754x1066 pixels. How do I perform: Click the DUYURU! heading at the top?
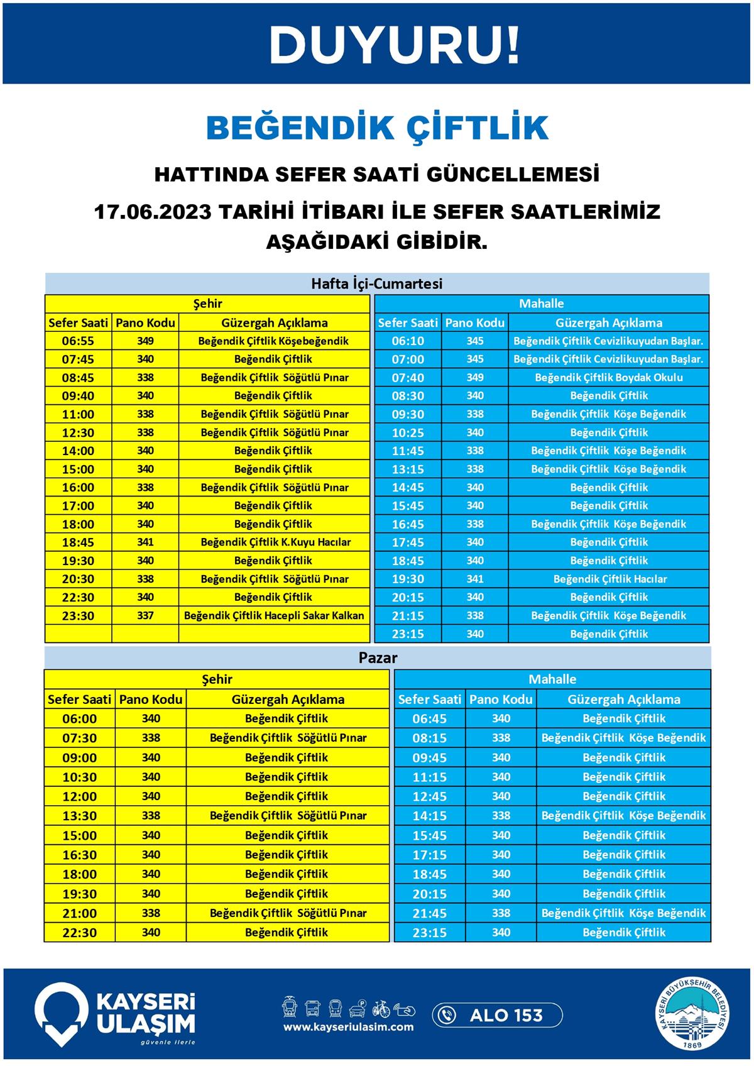click(395, 45)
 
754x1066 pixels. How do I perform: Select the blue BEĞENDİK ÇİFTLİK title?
click(377, 128)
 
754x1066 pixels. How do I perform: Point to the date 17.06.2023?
click(152, 211)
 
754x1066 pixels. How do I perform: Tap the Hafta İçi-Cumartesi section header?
click(377, 283)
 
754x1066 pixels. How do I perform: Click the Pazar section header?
click(378, 658)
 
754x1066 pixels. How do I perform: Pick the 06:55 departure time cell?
click(78, 341)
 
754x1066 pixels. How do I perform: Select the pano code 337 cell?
click(145, 615)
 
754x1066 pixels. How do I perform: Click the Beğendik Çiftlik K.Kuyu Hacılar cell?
click(275, 542)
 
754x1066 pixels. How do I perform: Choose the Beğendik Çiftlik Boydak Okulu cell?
click(608, 378)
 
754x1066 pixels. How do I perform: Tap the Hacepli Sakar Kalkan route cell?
click(274, 615)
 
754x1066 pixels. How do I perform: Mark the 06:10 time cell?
click(408, 341)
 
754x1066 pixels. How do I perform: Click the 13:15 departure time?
click(408, 469)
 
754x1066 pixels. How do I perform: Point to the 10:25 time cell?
click(408, 432)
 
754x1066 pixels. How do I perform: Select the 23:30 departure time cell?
click(78, 616)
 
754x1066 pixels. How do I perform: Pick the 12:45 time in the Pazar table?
click(430, 796)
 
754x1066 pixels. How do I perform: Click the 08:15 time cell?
click(430, 738)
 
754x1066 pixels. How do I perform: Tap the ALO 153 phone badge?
click(497, 1015)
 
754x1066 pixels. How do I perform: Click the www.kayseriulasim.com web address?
click(348, 1027)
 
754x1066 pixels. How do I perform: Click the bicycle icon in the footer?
click(381, 1009)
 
